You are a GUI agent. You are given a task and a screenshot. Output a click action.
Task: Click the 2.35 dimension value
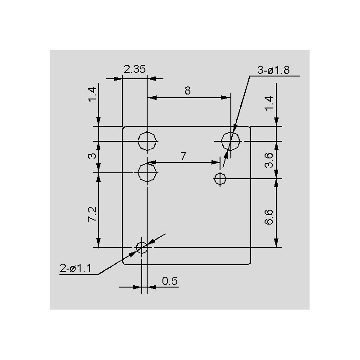(x=135, y=69)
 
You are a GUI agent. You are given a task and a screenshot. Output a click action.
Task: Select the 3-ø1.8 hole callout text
(x=274, y=70)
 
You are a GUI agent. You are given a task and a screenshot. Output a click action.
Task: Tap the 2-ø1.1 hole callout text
(x=76, y=268)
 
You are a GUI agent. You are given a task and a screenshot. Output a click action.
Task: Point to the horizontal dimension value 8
(x=188, y=91)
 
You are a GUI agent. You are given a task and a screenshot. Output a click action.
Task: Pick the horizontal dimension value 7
(x=183, y=156)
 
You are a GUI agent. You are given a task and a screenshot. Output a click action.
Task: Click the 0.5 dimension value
(x=170, y=281)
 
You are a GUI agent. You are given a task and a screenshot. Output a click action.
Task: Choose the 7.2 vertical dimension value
(x=92, y=214)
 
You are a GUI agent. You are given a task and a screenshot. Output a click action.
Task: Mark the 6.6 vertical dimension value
(x=269, y=217)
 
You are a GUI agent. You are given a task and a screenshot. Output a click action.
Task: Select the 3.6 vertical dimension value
(x=269, y=160)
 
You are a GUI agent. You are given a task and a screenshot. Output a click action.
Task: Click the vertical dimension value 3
(x=92, y=156)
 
